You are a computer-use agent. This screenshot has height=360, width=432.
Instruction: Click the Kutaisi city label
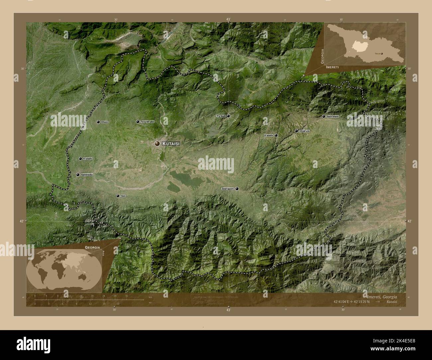coord(171,143)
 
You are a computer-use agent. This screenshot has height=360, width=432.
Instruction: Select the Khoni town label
coord(105,122)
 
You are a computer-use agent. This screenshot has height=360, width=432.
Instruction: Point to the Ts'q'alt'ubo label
coord(147,122)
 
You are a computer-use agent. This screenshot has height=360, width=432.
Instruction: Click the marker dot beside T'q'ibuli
coord(228,116)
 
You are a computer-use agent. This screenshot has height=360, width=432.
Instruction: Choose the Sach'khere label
coord(332,117)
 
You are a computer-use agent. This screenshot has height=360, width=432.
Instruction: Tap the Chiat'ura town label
coord(304,131)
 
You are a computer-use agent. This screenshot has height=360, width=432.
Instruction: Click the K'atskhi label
coord(269,135)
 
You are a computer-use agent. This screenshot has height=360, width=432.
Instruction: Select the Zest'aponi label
coord(228,189)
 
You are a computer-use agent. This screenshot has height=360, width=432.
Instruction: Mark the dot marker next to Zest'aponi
coord(237,189)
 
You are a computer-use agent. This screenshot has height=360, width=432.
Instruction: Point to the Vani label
coord(123,196)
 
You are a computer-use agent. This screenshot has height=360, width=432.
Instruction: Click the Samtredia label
coord(86,175)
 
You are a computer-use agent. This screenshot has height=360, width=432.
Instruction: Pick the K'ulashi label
coord(88,159)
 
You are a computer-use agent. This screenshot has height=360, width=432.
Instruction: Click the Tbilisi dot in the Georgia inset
coord(382,53)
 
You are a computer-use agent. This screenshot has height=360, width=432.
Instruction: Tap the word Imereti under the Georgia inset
coord(333,67)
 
